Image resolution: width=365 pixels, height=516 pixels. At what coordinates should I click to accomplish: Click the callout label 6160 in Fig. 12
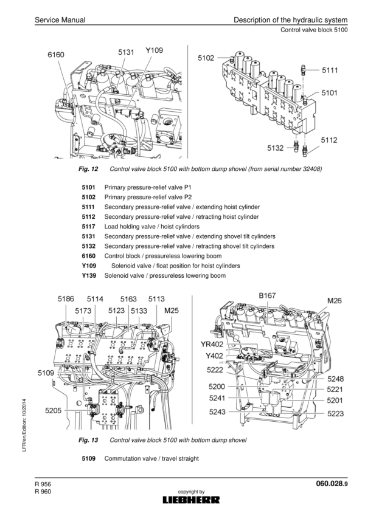coord(55,55)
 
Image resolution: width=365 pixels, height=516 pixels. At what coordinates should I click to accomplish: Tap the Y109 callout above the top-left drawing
coord(154,50)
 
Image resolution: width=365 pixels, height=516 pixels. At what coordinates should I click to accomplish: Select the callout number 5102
coord(206,58)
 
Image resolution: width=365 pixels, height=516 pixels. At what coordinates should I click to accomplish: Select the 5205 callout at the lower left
coord(53,411)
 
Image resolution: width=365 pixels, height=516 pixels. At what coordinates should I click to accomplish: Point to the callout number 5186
coord(66,299)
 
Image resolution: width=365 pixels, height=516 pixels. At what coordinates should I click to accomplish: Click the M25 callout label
coord(173,311)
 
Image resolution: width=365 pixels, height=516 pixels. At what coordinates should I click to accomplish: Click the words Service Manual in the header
coord(60,22)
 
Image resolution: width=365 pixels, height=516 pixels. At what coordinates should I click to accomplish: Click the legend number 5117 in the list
coord(89,227)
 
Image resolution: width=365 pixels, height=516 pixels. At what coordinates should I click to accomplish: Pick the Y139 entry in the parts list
coord(89,276)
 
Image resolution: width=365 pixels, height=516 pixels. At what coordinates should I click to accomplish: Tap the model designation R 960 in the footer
coord(43,492)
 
